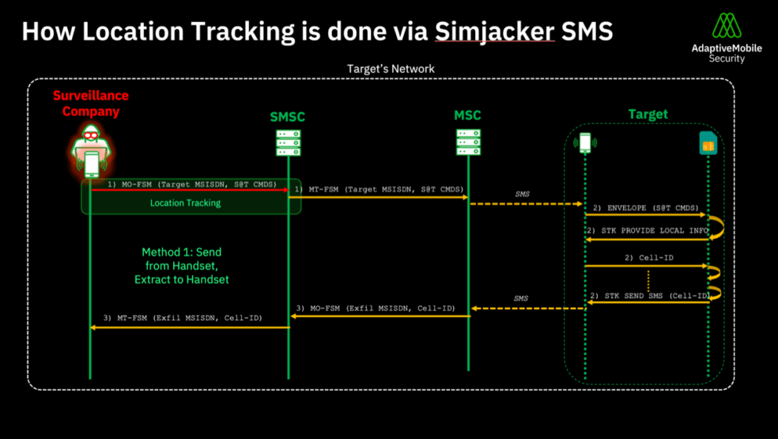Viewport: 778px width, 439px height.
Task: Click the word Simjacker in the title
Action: click(x=494, y=31)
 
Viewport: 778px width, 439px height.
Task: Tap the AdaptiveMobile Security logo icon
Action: click(x=726, y=25)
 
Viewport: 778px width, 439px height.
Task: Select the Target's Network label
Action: click(x=391, y=69)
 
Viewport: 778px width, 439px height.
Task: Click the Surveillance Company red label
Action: click(x=91, y=104)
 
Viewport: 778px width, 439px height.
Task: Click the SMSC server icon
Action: click(x=288, y=143)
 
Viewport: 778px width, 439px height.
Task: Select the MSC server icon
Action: click(x=468, y=143)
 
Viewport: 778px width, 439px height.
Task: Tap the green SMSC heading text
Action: click(x=287, y=117)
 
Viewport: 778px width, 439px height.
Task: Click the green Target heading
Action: click(x=648, y=114)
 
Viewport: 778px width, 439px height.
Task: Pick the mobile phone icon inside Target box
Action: click(x=584, y=143)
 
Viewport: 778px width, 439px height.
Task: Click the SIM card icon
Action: click(x=708, y=143)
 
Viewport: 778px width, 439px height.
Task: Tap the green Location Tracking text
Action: click(x=186, y=203)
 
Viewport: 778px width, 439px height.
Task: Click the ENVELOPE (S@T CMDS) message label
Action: click(x=645, y=208)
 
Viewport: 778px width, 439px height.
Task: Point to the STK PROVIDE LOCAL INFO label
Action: click(x=648, y=230)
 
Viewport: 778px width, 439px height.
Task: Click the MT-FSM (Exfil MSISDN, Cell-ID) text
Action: click(x=183, y=318)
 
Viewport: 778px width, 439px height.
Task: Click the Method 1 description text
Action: click(x=182, y=266)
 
